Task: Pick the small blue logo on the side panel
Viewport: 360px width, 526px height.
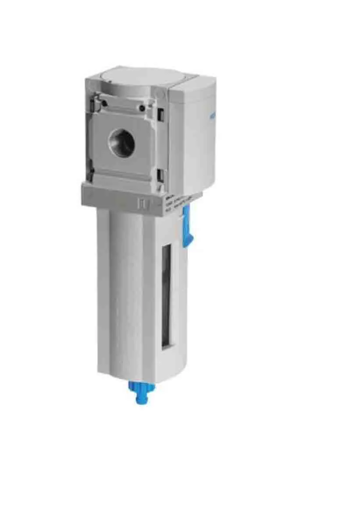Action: click(x=212, y=117)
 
